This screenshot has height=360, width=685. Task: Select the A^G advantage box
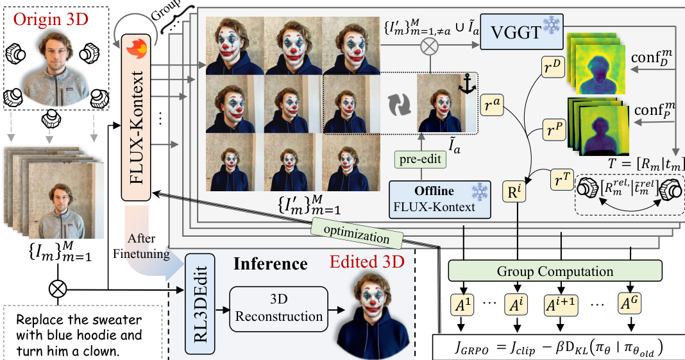coord(632,303)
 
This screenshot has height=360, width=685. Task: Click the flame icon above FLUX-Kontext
coord(137,49)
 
